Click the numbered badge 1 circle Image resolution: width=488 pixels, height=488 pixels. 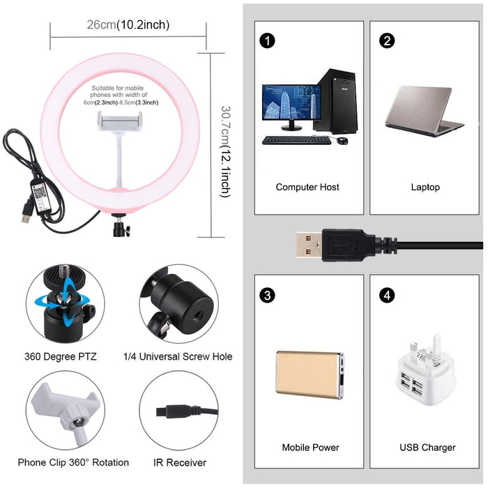point(266,40)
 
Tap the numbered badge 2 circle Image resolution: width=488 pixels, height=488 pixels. point(387,40)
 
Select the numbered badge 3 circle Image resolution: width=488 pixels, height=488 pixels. point(266,295)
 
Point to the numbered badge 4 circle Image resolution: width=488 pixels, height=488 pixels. point(387,295)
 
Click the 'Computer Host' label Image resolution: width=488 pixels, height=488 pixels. point(307,187)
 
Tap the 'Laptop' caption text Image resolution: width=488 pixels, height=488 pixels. point(425,187)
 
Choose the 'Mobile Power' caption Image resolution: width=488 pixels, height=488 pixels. point(310,447)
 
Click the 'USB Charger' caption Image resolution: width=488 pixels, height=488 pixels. point(427,447)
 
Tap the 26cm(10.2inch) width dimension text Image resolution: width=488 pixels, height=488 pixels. point(128,25)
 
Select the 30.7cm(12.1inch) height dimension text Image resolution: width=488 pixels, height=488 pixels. point(224,151)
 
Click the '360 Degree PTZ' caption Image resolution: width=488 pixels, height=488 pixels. point(61,356)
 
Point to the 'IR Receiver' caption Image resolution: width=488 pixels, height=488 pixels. point(179,462)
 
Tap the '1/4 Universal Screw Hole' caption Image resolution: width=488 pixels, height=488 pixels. point(178,356)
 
